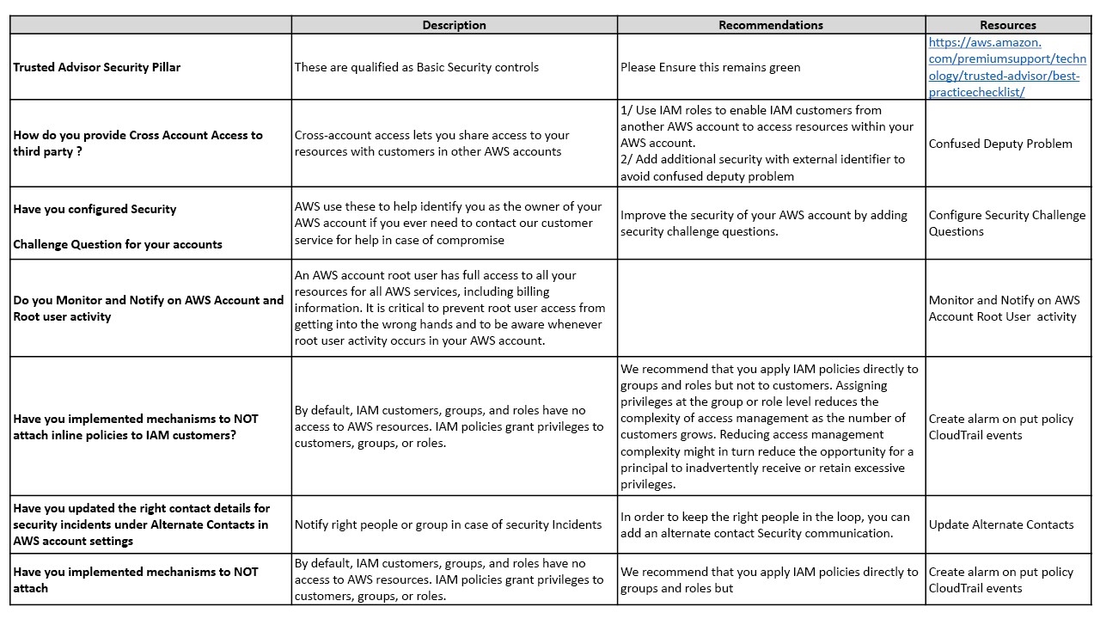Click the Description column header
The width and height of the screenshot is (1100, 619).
(x=454, y=25)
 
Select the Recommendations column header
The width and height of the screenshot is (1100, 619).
(x=771, y=25)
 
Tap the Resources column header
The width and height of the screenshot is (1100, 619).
(x=1008, y=25)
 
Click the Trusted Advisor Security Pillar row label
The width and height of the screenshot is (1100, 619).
(x=97, y=67)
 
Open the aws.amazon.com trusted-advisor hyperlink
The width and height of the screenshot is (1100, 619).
(x=1007, y=67)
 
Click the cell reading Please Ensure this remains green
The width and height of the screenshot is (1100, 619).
(x=710, y=67)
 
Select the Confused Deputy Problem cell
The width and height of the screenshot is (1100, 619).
(x=1000, y=144)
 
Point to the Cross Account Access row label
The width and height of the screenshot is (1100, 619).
(x=137, y=143)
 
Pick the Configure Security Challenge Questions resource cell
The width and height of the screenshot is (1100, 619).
(x=1007, y=223)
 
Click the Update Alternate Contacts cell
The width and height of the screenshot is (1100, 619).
(x=1001, y=524)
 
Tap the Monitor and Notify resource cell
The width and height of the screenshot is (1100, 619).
(x=1004, y=308)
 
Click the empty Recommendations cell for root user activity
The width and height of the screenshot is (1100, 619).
(x=771, y=308)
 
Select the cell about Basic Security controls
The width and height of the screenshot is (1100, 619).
(x=417, y=67)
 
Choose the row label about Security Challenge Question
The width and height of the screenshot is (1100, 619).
(x=118, y=226)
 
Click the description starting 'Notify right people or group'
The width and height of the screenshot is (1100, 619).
(x=448, y=524)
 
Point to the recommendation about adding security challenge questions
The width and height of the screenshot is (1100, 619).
(x=764, y=223)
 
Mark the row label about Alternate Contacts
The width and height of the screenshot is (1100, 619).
(x=141, y=524)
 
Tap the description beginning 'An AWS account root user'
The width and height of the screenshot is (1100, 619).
(x=449, y=308)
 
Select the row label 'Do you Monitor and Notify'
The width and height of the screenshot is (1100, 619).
(x=148, y=308)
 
